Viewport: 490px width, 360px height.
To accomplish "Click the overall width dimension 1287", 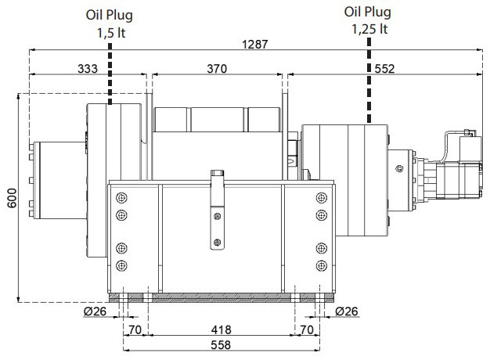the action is click(x=255, y=45).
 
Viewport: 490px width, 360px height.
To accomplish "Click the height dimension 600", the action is click(x=12, y=198).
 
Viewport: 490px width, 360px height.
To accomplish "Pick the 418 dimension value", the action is click(x=221, y=329).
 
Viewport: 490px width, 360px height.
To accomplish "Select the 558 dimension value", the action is click(x=221, y=344).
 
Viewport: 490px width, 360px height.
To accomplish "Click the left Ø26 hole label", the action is click(x=95, y=311).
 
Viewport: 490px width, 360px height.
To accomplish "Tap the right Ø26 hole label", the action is click(x=347, y=311).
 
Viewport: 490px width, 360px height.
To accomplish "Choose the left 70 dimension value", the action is click(x=135, y=329).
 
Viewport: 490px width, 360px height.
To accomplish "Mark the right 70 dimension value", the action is click(x=307, y=329).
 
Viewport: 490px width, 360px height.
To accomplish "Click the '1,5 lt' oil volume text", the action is click(x=111, y=33).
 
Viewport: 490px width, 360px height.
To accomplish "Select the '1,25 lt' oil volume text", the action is click(x=369, y=29).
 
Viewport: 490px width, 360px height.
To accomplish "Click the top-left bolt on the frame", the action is click(x=121, y=198).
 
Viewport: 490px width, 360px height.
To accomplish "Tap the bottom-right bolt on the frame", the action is click(x=322, y=265).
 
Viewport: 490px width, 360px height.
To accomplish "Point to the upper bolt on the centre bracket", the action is click(x=217, y=216).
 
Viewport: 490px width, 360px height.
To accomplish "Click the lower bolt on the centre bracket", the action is click(x=217, y=242).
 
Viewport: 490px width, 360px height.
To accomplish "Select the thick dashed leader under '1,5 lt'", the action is click(x=110, y=74).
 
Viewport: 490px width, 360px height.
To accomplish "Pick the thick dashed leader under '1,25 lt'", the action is click(x=369, y=81).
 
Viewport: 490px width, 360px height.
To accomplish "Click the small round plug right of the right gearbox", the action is click(x=399, y=169).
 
